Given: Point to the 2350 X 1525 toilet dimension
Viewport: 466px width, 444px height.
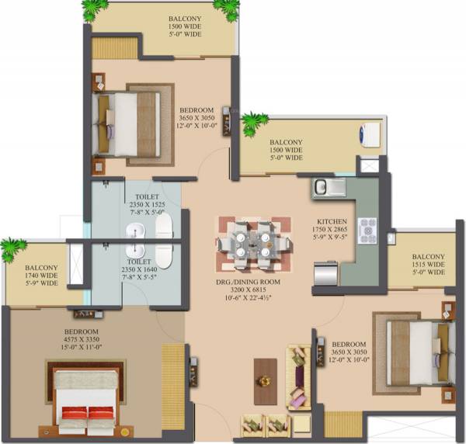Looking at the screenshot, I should coord(147,207).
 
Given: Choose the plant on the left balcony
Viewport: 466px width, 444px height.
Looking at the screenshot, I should coord(12,249).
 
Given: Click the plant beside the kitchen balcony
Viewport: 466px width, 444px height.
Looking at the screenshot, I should coord(253,123).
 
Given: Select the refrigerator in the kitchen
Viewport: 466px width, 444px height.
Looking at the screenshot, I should coord(326,274).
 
